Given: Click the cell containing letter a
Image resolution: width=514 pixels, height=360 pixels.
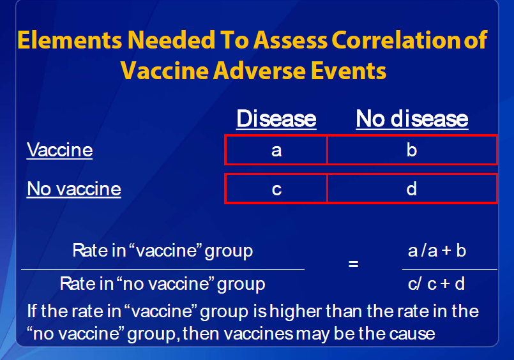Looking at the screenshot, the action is [x=276, y=150].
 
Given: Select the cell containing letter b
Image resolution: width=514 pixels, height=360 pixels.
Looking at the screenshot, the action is [x=412, y=150].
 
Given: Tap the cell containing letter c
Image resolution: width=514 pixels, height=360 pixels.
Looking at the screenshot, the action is [x=276, y=189].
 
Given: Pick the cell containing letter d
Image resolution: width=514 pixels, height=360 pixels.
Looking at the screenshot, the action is [x=412, y=189].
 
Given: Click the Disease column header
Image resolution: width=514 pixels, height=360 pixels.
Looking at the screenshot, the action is [x=276, y=119].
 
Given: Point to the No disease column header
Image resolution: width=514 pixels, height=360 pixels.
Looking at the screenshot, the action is [x=412, y=119].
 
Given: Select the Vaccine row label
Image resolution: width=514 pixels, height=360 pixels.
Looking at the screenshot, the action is [x=59, y=150].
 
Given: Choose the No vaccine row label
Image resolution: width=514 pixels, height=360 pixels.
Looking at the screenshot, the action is [x=74, y=189].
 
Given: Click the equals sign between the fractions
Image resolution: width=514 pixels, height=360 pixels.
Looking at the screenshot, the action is [x=353, y=264].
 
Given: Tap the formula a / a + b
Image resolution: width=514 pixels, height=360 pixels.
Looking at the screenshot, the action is [x=437, y=251].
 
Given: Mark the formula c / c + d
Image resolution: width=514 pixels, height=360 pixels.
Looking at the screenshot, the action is [x=436, y=283].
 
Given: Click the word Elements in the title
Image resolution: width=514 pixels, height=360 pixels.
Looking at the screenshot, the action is [x=70, y=40].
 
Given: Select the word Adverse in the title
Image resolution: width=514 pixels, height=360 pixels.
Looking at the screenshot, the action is [x=260, y=71].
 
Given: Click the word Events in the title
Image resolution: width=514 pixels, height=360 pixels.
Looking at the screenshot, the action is [x=349, y=71].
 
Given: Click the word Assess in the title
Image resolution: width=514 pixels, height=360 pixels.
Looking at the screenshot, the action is [x=290, y=40].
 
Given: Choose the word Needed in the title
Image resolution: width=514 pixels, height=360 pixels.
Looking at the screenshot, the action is [x=171, y=40].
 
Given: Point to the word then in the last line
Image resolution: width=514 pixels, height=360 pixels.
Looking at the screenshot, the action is [x=201, y=334].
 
